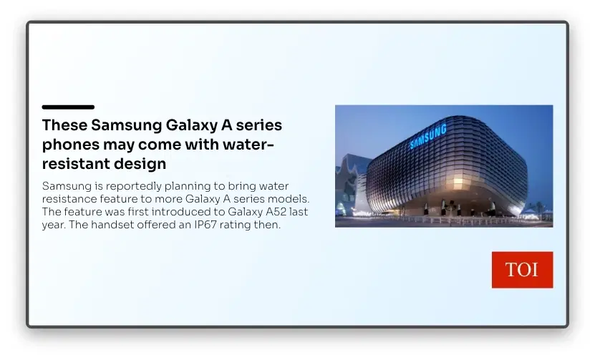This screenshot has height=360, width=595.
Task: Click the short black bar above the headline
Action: pyautogui.click(x=68, y=107)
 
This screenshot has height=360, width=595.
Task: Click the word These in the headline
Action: pyautogui.click(x=65, y=125)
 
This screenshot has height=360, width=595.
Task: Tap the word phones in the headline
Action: pyautogui.click(x=70, y=145)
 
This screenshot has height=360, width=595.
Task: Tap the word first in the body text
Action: pyautogui.click(x=137, y=212)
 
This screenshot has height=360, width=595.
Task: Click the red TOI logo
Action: pyautogui.click(x=522, y=270)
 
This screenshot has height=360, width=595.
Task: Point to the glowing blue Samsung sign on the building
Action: pyautogui.click(x=428, y=137)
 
